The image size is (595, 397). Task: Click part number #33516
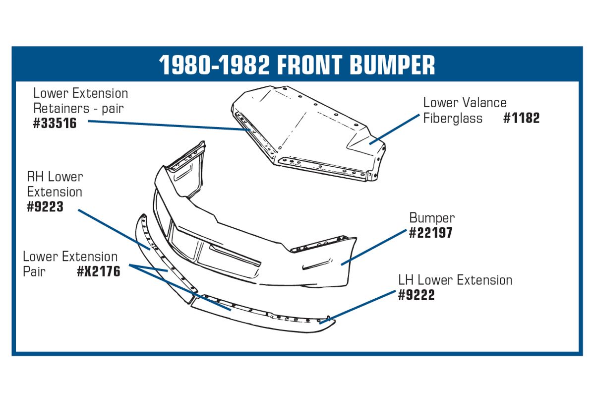55,123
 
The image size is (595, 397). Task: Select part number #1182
522,118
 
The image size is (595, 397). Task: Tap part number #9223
45,206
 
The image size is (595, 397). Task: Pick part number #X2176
99,271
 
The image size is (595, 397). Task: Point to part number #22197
430,233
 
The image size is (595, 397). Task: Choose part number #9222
416,295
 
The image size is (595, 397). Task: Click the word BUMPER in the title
392,65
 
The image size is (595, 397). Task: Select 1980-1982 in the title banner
214,65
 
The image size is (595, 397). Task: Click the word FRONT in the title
309,65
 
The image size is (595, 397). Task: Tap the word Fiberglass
453,118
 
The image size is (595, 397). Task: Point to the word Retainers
61,108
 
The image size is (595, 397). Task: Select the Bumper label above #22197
432,218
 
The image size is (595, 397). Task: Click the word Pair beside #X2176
34,271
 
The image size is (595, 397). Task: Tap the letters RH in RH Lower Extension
36,177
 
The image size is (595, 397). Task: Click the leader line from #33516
169,126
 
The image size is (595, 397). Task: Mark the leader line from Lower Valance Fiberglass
395,129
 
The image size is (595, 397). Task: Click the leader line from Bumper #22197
374,247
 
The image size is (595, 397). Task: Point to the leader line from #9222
357,307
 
